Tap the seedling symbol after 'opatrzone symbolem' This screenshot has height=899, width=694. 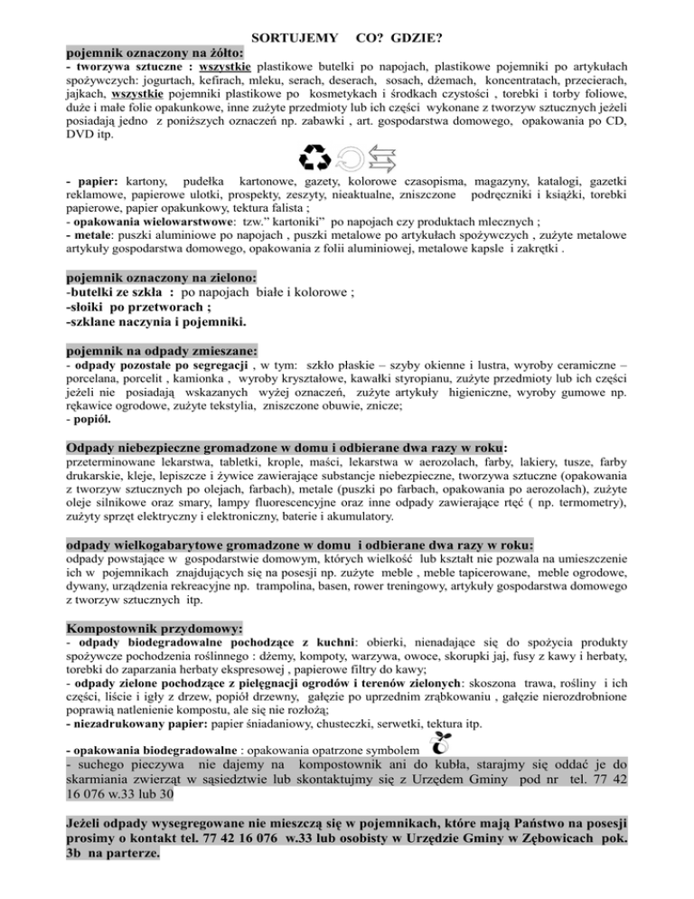click(x=435, y=744)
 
